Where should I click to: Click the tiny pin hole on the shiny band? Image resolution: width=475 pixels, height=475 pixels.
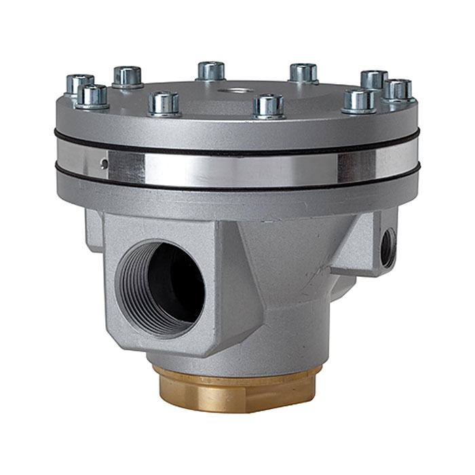[x=103, y=163]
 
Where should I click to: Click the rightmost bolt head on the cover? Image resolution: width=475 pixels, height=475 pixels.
[x=398, y=90]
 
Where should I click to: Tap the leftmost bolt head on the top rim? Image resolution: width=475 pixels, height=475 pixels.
[x=79, y=85]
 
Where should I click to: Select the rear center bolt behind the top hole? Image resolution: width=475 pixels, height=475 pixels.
[x=212, y=71]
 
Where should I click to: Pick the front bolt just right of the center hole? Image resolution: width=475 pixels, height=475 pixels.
[x=268, y=105]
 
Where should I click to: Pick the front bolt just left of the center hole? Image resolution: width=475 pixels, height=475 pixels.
[x=164, y=103]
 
